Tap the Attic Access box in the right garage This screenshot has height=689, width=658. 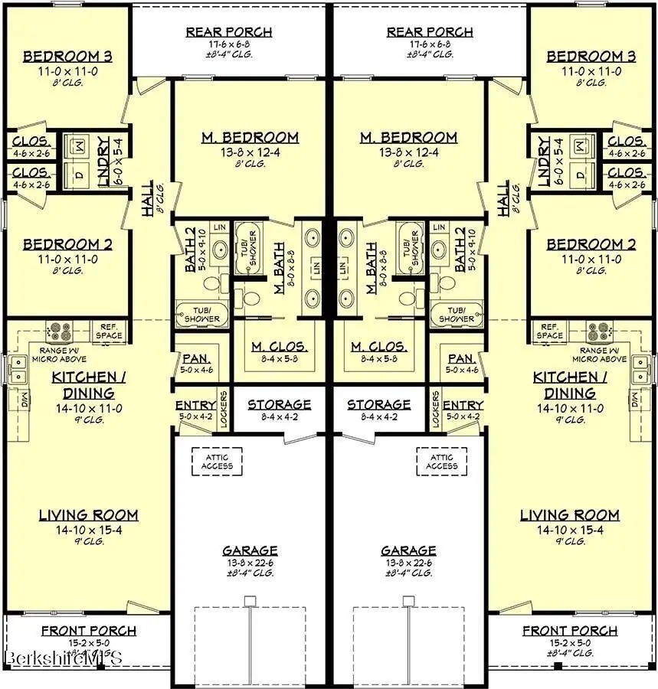click(442, 462)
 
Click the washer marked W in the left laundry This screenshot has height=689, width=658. click(79, 143)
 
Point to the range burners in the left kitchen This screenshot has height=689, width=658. click(58, 331)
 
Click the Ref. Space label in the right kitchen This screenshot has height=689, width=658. click(549, 331)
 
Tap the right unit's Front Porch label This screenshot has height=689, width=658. click(570, 631)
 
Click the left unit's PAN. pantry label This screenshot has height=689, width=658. click(191, 358)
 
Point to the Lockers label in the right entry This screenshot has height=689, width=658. click(436, 410)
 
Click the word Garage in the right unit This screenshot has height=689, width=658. click(408, 550)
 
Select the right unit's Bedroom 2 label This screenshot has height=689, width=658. click(591, 245)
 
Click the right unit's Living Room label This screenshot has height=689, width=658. click(569, 515)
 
